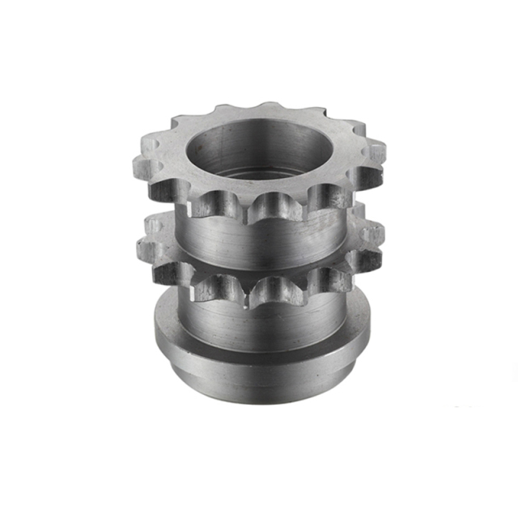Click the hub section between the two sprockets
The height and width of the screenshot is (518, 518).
[x=259, y=243]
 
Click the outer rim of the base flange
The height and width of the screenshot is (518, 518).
[x=259, y=368]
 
